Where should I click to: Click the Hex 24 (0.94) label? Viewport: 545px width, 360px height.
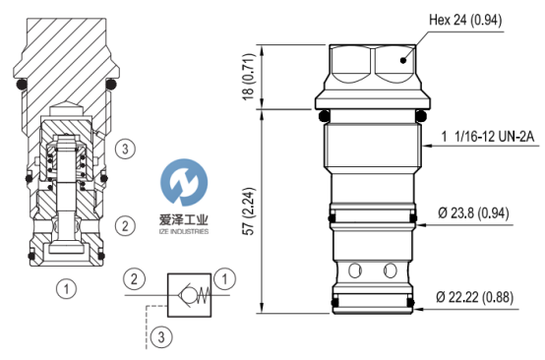click(465, 20)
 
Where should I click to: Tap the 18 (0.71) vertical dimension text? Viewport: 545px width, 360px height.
click(249, 77)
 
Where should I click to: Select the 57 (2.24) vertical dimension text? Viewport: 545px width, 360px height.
click(249, 211)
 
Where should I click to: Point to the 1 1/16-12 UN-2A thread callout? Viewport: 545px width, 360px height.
click(487, 137)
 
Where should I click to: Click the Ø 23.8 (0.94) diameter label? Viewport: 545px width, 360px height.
click(473, 213)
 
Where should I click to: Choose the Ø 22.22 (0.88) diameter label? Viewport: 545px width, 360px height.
click(474, 297)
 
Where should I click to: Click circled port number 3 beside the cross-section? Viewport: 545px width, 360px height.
click(125, 150)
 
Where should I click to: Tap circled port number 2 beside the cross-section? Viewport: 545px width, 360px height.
click(125, 226)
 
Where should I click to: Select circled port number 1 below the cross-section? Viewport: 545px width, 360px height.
click(66, 289)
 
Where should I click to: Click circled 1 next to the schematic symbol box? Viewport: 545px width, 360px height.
click(224, 278)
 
